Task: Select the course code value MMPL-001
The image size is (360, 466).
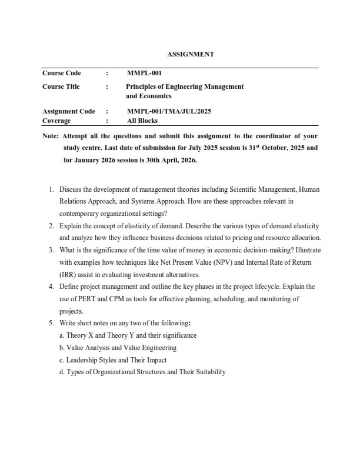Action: pyautogui.click(x=144, y=74)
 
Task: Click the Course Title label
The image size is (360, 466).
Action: pyautogui.click(x=61, y=86)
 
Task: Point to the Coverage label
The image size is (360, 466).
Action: pyautogui.click(x=56, y=121)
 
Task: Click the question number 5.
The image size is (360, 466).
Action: pyautogui.click(x=52, y=323)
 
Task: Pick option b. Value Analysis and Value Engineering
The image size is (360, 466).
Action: pyautogui.click(x=118, y=348)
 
